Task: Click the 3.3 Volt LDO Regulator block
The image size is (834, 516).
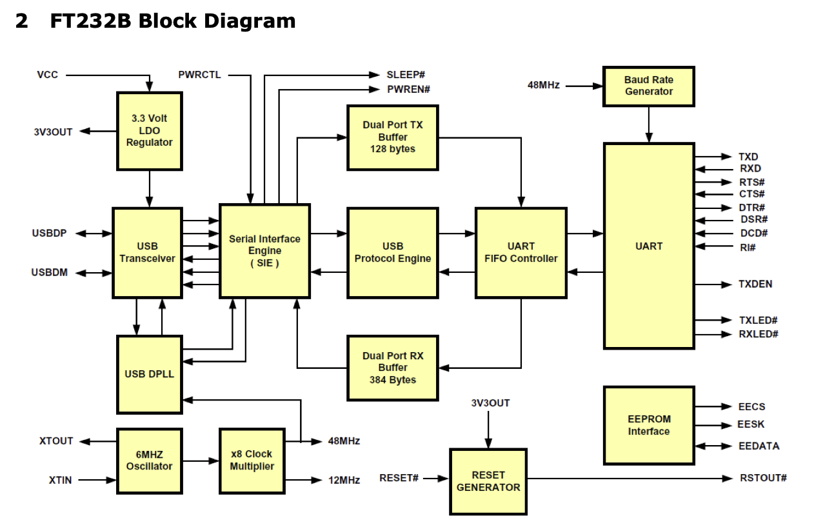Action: (x=149, y=131)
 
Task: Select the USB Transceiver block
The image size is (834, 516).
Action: (x=147, y=252)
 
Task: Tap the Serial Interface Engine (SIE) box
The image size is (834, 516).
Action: (x=264, y=251)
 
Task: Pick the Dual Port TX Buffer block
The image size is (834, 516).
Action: (x=392, y=137)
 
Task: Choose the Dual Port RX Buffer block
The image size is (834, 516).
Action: (x=392, y=368)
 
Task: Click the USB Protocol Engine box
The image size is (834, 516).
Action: (x=392, y=252)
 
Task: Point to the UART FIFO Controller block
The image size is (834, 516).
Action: (x=521, y=252)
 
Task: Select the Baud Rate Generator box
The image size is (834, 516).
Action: (x=648, y=86)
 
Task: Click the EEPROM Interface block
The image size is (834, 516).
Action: (x=648, y=426)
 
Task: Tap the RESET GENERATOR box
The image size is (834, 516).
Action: (x=488, y=482)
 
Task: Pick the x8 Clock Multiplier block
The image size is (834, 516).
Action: (x=252, y=460)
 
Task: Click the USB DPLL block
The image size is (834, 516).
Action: (x=149, y=374)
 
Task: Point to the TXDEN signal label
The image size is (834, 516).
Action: (x=755, y=284)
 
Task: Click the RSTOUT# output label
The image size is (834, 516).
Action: (x=763, y=478)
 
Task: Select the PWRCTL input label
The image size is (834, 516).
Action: (x=199, y=75)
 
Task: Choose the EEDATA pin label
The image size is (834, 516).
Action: (x=759, y=446)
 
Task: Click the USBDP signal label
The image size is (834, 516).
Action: (x=50, y=233)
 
